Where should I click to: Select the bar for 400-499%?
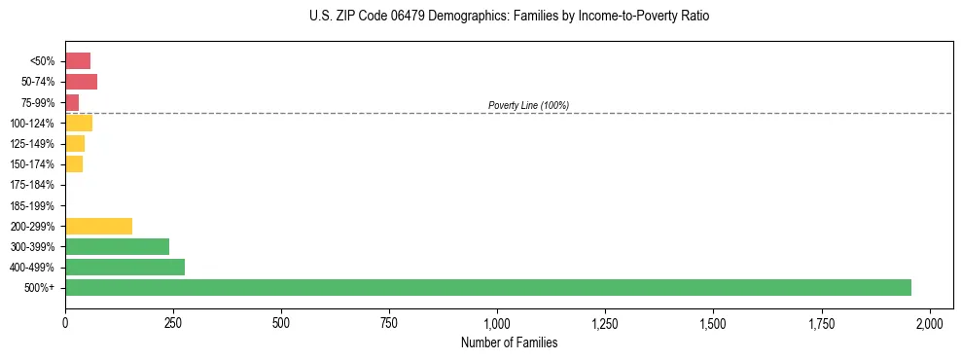click(x=125, y=267)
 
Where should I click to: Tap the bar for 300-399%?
click(x=117, y=246)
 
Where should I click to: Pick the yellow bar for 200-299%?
click(x=98, y=226)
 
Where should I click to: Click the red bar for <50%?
click(x=78, y=61)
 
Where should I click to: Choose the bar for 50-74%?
click(x=81, y=82)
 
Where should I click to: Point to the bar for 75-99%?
click(x=72, y=102)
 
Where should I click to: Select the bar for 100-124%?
click(x=79, y=123)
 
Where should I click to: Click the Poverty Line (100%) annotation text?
click(x=528, y=105)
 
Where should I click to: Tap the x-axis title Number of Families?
click(x=509, y=342)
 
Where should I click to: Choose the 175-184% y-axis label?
click(x=32, y=185)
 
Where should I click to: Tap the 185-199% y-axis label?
click(x=32, y=205)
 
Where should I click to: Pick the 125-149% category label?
click(x=32, y=144)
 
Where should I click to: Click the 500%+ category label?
click(x=40, y=288)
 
